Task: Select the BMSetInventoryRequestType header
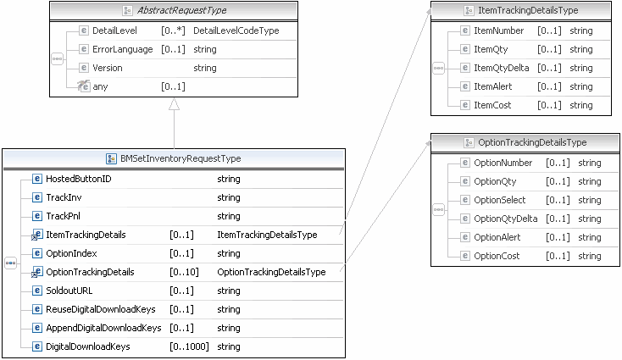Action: click(x=180, y=158)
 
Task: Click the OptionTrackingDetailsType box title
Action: click(x=526, y=142)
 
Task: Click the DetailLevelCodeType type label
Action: click(x=236, y=30)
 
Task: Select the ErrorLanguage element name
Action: click(x=123, y=49)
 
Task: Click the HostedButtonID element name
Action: click(x=78, y=179)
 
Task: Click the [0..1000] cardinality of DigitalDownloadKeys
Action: click(x=189, y=346)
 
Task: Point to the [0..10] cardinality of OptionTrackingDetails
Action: click(x=184, y=272)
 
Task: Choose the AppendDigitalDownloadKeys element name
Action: click(x=103, y=328)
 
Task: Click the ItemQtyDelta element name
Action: click(x=501, y=68)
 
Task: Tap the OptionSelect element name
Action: click(x=500, y=200)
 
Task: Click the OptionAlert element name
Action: click(x=497, y=237)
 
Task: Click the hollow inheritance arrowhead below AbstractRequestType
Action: click(x=174, y=104)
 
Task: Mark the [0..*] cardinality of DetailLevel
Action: click(x=173, y=30)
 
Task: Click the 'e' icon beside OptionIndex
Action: click(x=36, y=253)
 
